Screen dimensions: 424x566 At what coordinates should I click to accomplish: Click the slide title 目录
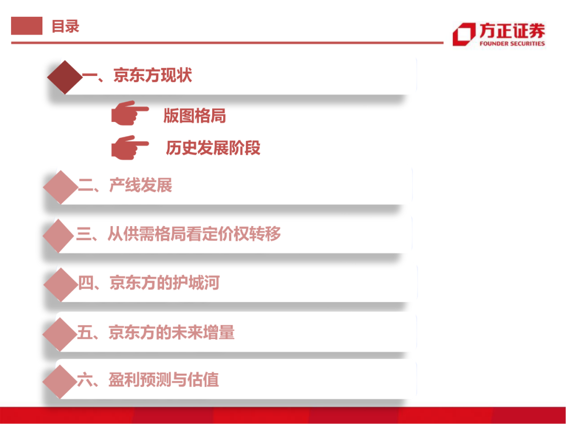point(65,26)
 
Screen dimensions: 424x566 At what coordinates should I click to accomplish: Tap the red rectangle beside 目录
point(27,26)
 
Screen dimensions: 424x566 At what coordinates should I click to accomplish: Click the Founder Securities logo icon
point(463,35)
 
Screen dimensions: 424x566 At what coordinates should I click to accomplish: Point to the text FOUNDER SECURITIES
point(511,44)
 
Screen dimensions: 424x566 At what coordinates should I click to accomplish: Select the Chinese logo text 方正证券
point(511,30)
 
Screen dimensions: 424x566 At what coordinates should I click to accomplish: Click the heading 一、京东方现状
point(137,76)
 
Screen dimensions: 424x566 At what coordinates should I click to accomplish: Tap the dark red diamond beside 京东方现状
point(65,77)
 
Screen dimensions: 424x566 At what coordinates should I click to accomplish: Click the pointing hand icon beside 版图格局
point(129,113)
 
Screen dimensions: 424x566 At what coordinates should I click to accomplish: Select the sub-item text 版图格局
point(194,116)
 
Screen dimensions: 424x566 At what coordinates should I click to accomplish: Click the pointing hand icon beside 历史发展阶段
point(129,148)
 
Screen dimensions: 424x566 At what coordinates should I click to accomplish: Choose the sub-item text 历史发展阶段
point(213,148)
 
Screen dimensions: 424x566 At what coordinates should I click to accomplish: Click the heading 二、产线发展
point(125,185)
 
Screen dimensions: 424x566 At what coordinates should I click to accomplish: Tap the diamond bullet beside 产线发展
point(60,187)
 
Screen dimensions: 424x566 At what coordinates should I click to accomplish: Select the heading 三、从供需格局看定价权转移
point(178,233)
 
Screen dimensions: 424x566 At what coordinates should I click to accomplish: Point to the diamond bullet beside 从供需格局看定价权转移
point(59,236)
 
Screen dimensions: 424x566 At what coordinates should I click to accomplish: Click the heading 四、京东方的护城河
point(148,283)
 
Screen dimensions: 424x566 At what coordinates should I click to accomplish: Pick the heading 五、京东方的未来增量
point(156,332)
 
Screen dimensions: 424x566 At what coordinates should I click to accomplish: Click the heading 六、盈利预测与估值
point(148,380)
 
